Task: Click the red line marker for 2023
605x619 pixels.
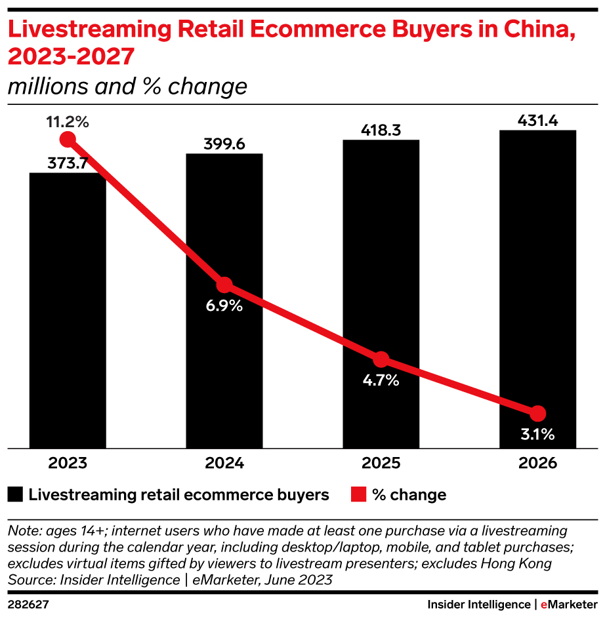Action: tap(68, 139)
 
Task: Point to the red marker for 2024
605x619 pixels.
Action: tap(224, 285)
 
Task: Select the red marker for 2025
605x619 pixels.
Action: tap(381, 359)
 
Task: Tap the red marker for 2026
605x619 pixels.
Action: tap(538, 413)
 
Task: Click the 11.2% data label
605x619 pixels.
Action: tap(68, 121)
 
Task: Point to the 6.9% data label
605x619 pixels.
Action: tap(224, 306)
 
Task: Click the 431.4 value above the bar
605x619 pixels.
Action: tap(538, 120)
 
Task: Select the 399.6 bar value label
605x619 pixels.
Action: tap(224, 144)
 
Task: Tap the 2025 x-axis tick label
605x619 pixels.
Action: tap(381, 463)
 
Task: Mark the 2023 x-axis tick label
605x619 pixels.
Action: tap(68, 463)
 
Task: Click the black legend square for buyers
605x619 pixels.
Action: tap(16, 494)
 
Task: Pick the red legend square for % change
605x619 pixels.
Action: tap(358, 494)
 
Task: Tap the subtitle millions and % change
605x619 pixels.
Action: tap(127, 87)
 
